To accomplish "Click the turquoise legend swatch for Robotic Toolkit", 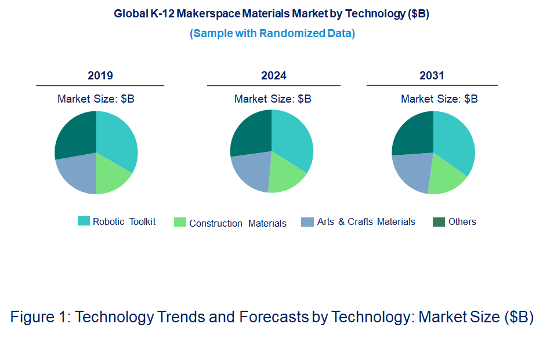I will click(x=84, y=221).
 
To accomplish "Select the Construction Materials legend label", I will click(x=237, y=223).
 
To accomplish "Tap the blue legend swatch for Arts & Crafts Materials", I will click(x=307, y=221).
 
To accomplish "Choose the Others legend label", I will click(x=462, y=221).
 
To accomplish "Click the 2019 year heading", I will click(x=100, y=76).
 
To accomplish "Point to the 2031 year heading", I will click(x=432, y=76).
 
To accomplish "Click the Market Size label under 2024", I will click(x=273, y=99).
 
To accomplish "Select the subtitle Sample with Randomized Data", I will click(x=272, y=33).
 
